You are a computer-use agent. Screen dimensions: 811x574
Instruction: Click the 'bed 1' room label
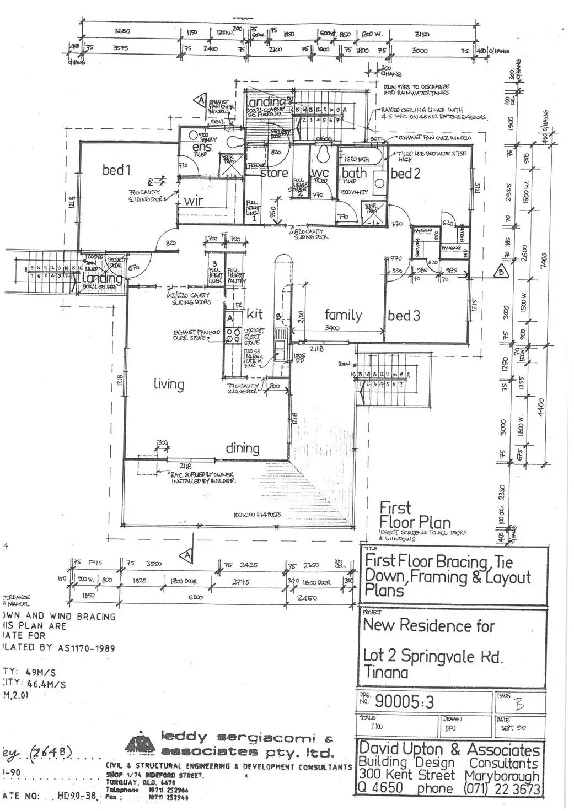click(116, 170)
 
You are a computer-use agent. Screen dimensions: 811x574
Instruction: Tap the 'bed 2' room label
click(405, 174)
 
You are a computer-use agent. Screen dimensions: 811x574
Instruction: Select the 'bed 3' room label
click(404, 316)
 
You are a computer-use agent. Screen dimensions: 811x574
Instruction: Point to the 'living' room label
click(169, 384)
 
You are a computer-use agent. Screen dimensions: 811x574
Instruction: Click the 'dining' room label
click(243, 448)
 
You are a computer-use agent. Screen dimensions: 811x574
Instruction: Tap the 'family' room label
click(343, 315)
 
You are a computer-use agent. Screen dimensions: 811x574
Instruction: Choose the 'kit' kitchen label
click(255, 314)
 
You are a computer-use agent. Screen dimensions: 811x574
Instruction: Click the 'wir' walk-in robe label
click(194, 201)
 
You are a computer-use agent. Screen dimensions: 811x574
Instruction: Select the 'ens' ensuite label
click(202, 148)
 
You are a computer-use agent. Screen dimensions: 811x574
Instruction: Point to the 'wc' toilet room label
click(320, 173)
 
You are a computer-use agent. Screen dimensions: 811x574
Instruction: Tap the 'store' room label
click(274, 173)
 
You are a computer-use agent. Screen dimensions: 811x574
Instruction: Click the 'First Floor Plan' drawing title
click(415, 515)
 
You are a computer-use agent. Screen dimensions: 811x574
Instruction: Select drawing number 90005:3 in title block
click(405, 701)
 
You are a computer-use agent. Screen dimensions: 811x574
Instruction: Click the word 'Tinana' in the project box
click(386, 672)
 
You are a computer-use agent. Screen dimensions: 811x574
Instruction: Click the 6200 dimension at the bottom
click(196, 597)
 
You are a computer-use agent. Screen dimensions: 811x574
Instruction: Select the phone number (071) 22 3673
click(503, 788)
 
